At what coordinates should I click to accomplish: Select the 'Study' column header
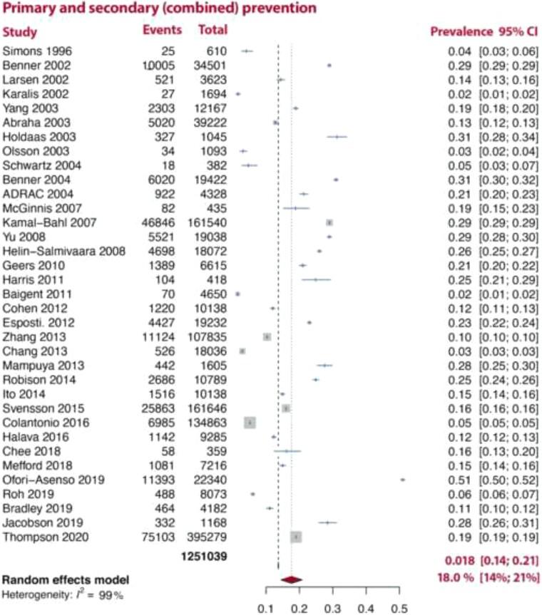pyautogui.click(x=20, y=32)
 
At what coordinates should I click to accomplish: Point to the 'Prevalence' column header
pyautogui.click(x=461, y=32)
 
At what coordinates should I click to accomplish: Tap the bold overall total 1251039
pyautogui.click(x=205, y=558)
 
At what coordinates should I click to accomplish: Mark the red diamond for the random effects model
pyautogui.click(x=292, y=580)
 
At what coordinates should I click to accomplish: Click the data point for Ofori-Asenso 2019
pyautogui.click(x=402, y=480)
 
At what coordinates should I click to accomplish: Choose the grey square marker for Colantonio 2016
pyautogui.click(x=250, y=423)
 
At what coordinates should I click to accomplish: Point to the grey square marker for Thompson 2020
pyautogui.click(x=296, y=537)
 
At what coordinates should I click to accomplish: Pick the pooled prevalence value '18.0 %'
pyautogui.click(x=457, y=577)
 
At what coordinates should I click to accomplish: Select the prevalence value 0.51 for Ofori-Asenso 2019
pyautogui.click(x=457, y=480)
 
